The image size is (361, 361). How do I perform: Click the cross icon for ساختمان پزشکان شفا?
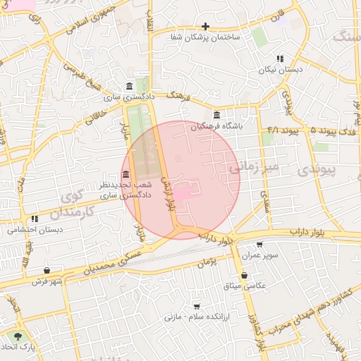pyautogui.click(x=205, y=26)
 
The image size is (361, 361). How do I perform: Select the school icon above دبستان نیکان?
pyautogui.click(x=280, y=59)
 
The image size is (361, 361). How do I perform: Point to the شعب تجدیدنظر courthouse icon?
pyautogui.click(x=126, y=174)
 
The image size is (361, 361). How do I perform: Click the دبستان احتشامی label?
pyautogui.click(x=35, y=230)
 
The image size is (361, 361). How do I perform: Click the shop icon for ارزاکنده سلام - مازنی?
pyautogui.click(x=195, y=307)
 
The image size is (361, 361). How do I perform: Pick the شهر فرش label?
pyautogui.click(x=47, y=281)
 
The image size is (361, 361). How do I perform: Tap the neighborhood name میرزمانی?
pyautogui.click(x=255, y=166)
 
